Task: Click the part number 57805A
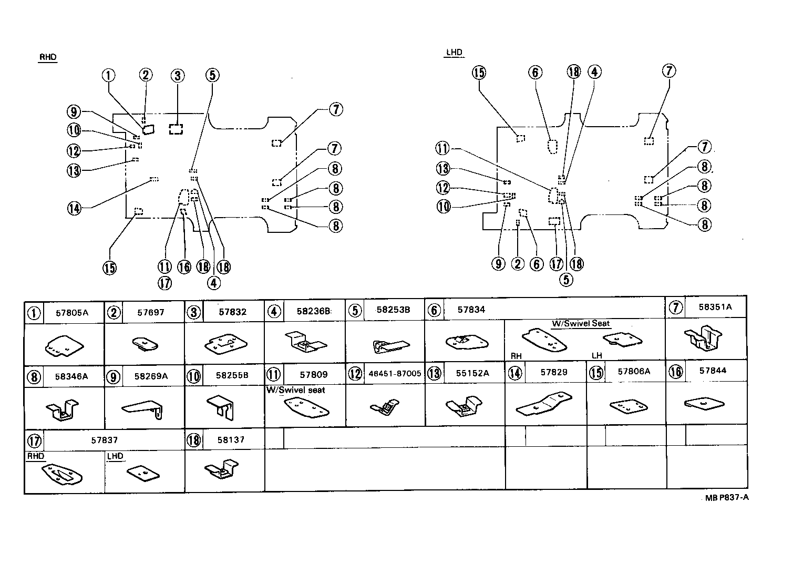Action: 72,313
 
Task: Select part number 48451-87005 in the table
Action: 395,373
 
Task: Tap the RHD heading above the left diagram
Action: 47,57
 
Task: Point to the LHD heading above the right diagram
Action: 454,53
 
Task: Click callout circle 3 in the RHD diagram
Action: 178,76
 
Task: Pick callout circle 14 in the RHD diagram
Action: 74,208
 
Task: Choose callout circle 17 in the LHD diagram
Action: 556,263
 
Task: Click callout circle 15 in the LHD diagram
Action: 479,73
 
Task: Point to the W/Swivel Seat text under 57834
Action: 581,324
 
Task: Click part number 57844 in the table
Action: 713,371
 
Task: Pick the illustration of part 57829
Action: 544,404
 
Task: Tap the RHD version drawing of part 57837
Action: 63,475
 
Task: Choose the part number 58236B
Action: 313,311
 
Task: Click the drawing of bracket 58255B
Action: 223,406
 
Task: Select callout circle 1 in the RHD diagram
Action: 108,75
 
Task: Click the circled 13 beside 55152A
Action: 434,373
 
